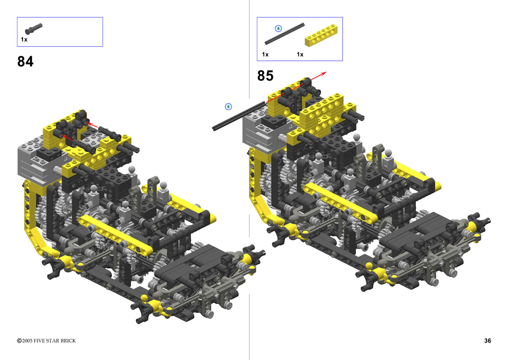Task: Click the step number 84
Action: point(25,62)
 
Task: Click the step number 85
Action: point(265,76)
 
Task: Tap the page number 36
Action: point(488,340)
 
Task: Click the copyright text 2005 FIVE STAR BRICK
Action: point(47,340)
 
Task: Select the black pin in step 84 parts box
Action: point(34,29)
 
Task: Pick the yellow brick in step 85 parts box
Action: point(321,35)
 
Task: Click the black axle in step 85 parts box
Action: point(284,34)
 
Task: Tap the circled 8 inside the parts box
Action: point(278,29)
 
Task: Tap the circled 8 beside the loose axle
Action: point(228,107)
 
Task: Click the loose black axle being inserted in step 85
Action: point(239,116)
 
